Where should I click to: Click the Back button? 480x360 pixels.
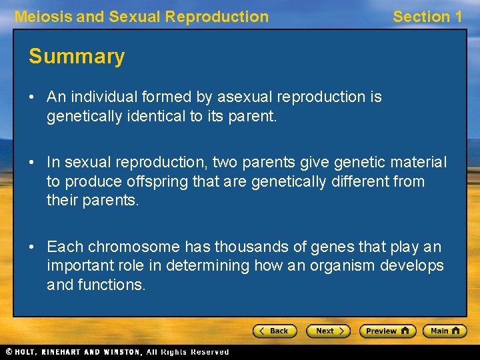273,331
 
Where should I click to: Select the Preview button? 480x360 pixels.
387,331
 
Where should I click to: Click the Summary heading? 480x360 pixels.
77,57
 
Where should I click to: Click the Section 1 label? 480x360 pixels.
427,17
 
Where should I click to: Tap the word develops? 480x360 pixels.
416,266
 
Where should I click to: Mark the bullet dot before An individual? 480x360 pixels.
33,97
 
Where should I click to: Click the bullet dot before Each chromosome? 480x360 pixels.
33,247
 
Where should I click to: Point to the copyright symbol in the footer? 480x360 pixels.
9,352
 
